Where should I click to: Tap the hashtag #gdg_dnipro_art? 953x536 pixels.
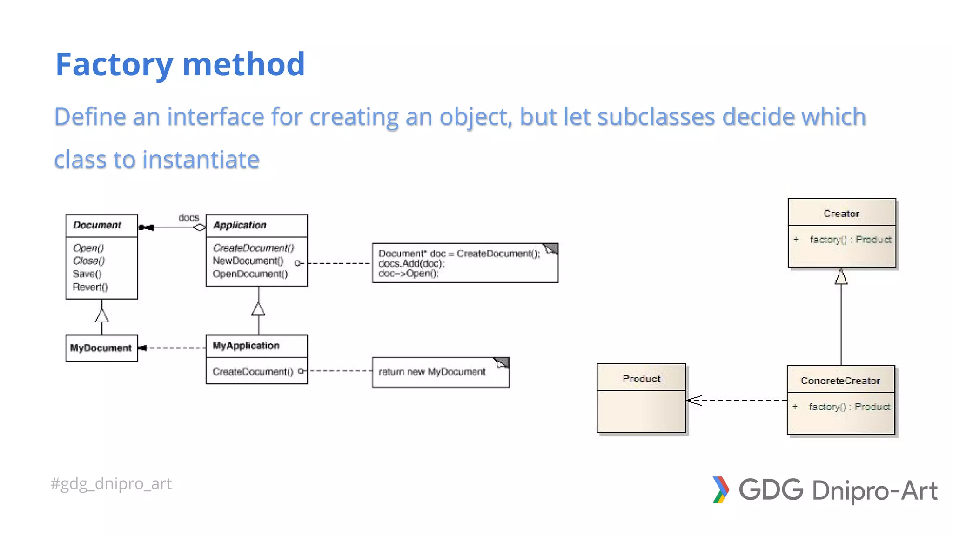coord(111,483)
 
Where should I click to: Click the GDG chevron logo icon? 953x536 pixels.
coord(720,490)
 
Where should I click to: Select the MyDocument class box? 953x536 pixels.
coord(101,348)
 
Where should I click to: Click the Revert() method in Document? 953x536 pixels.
coord(90,287)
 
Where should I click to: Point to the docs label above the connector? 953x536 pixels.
coord(188,218)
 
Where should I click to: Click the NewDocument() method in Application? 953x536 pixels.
coord(248,261)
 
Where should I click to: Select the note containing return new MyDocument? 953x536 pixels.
coord(440,372)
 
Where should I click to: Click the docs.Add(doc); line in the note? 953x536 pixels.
coord(411,263)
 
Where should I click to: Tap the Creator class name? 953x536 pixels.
coord(841,214)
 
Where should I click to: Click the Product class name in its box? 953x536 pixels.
coord(641,379)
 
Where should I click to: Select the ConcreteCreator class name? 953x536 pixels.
coord(840,381)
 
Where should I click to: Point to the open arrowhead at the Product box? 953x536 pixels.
coord(695,400)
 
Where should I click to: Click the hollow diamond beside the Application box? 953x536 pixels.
coord(200,228)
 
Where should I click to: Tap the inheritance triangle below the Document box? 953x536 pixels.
coord(102,315)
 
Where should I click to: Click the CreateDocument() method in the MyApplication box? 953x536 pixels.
coord(253,372)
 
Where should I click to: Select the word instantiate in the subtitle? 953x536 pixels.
coord(201,160)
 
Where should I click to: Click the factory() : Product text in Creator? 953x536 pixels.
coord(850,240)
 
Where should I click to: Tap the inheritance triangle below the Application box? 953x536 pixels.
coord(258,309)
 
